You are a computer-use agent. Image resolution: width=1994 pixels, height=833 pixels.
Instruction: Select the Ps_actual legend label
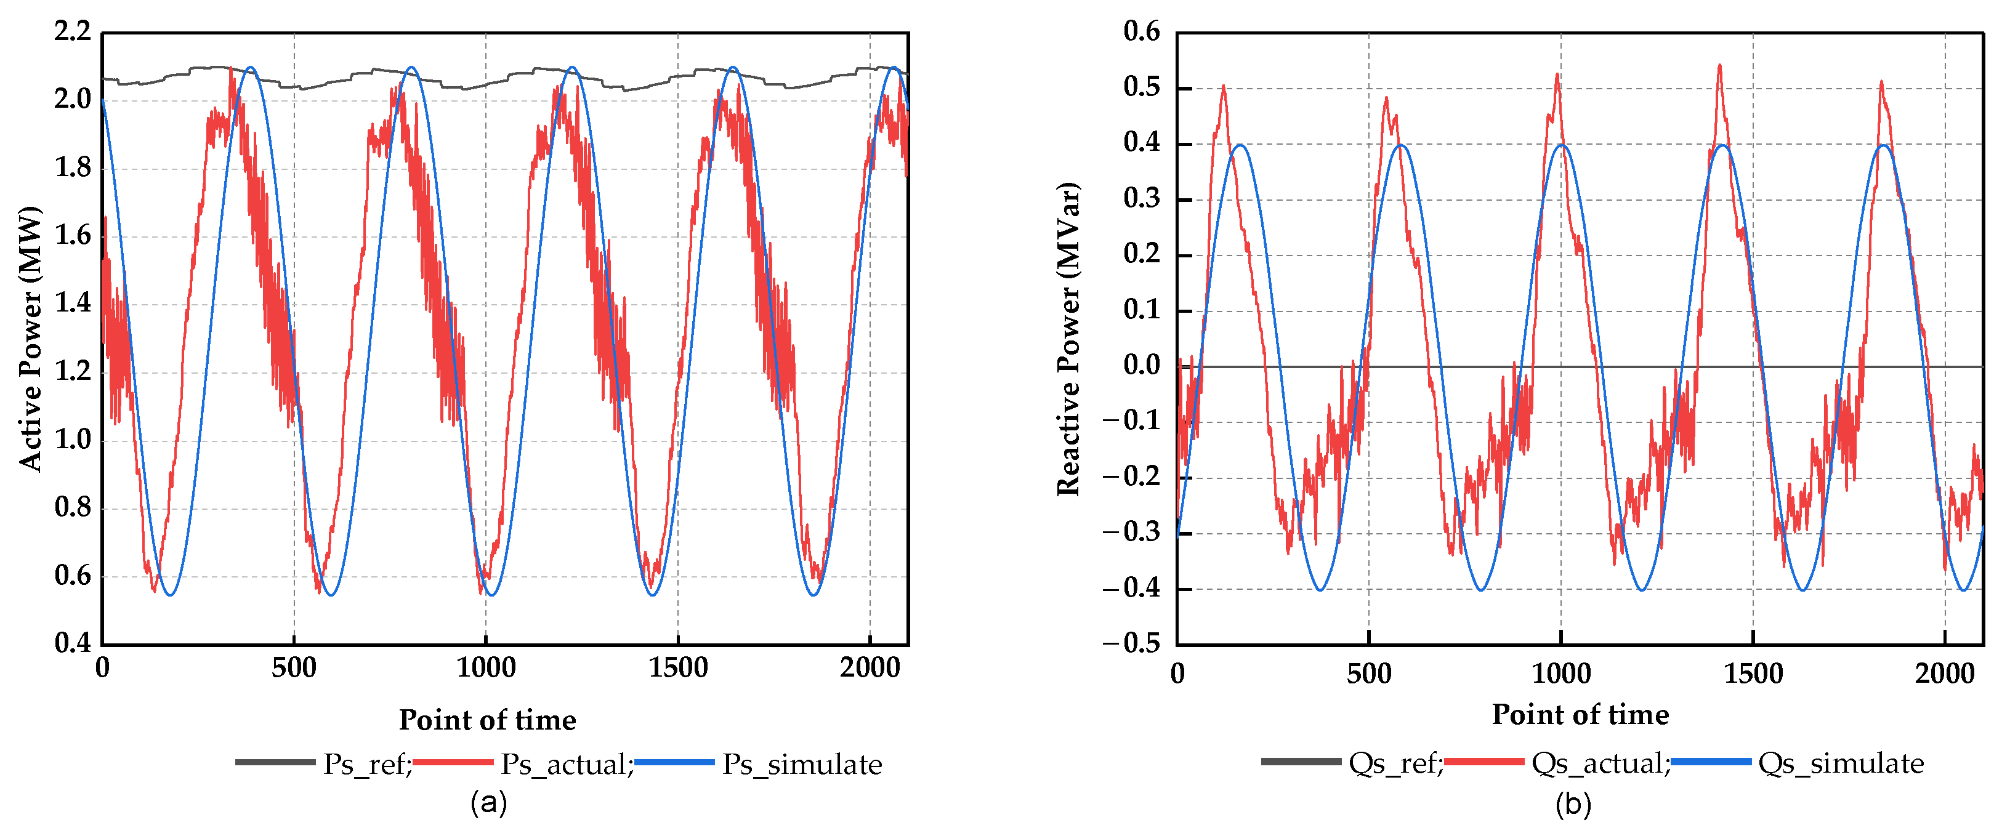(x=564, y=764)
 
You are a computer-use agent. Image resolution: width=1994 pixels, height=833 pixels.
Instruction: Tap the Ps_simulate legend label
(x=802, y=764)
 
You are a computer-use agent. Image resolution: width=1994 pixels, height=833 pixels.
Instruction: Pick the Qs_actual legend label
(x=1599, y=763)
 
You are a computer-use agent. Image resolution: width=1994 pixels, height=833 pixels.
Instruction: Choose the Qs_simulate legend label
(x=1840, y=763)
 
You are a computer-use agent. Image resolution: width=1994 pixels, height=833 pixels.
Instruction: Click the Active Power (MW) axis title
(x=30, y=338)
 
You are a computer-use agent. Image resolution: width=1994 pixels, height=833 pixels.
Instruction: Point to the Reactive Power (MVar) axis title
(x=1068, y=338)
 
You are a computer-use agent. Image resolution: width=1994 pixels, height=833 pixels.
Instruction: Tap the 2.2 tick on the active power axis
(x=72, y=32)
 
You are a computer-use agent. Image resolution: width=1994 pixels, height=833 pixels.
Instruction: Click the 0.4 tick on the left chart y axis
(x=72, y=643)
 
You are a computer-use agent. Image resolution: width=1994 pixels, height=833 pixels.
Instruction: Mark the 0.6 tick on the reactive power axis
(x=1142, y=32)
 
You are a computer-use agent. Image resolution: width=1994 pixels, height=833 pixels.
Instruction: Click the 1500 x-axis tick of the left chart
(x=678, y=668)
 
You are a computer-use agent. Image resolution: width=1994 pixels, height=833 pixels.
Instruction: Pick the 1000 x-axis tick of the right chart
(x=1560, y=674)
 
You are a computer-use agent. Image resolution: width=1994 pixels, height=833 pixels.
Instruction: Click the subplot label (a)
(x=488, y=803)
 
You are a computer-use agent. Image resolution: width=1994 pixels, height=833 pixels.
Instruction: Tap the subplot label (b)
(x=1573, y=804)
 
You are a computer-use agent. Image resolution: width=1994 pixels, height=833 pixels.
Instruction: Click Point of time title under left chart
(x=487, y=720)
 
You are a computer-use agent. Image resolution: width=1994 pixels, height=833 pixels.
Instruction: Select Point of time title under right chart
(x=1580, y=714)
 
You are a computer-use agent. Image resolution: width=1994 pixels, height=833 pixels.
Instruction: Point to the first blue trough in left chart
(x=169, y=595)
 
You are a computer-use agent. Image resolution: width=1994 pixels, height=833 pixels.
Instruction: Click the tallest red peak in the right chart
(x=1719, y=66)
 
